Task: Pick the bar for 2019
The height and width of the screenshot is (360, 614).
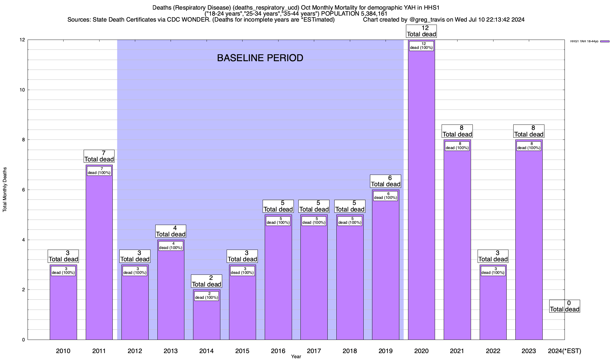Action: coord(386,270)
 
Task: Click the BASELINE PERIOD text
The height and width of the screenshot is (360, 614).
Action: coord(260,58)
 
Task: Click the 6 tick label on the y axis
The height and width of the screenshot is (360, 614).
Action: coord(23,190)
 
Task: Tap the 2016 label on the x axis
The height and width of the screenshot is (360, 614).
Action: coord(278,351)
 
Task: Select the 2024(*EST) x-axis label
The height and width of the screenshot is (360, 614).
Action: coord(564,351)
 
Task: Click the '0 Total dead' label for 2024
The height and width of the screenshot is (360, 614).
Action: coord(565,306)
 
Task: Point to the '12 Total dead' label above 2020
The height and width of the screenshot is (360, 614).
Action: coord(421,31)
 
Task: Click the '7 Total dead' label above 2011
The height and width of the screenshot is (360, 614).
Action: coord(99,156)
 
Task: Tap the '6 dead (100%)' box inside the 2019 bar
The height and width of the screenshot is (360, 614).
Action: coord(386,196)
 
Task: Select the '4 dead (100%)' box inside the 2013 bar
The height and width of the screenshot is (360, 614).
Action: coord(171,246)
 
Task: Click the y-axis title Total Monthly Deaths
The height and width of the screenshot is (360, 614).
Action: coord(5,190)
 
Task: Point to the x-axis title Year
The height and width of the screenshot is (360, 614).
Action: coord(296,356)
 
